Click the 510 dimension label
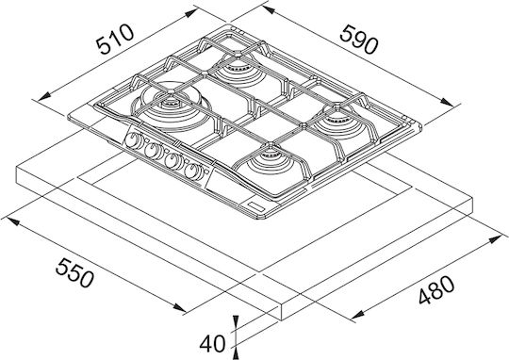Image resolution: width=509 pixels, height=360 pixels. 115,39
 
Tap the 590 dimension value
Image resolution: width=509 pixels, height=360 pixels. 359,40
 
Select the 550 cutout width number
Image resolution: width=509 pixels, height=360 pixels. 74,272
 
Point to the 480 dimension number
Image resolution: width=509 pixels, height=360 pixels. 436,290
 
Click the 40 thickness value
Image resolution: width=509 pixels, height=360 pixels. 212,343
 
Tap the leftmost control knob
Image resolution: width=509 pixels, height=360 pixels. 134,140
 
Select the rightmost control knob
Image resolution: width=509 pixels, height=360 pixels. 193,171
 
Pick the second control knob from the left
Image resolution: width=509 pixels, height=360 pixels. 154,151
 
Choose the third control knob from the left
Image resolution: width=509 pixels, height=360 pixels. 173,160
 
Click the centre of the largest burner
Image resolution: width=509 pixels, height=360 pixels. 170,104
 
